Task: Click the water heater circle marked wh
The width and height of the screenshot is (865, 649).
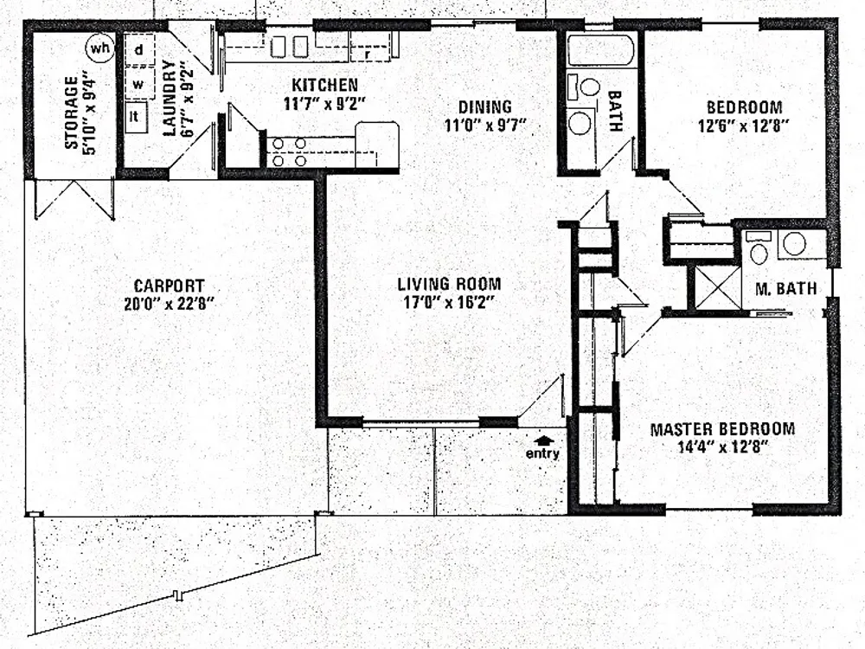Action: point(99,48)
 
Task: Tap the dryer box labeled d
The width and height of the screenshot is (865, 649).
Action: point(139,49)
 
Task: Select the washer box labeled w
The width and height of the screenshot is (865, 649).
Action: point(139,83)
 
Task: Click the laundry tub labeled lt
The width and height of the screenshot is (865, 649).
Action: point(135,117)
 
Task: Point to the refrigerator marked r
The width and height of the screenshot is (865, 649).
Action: point(370,46)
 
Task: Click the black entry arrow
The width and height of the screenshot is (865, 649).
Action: point(544,440)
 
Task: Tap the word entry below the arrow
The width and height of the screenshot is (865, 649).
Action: point(542,453)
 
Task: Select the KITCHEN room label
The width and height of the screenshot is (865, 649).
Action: point(324,85)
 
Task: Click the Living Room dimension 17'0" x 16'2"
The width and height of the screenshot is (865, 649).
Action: point(448,302)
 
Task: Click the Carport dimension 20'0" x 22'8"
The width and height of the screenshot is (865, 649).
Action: point(169,304)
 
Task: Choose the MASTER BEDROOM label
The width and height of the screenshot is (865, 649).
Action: point(722,429)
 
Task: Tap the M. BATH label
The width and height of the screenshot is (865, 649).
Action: point(785,289)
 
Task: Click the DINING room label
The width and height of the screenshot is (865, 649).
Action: point(485,107)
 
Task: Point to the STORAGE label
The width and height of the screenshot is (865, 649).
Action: point(72,112)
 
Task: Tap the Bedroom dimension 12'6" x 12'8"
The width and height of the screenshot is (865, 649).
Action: point(742,126)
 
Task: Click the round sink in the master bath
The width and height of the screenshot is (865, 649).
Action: point(794,244)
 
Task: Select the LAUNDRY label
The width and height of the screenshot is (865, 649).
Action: point(171,97)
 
